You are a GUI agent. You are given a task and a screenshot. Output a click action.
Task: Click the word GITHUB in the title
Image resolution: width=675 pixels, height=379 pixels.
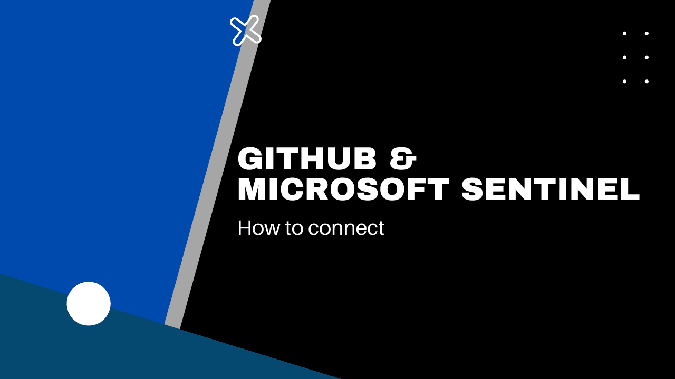(x=307, y=159)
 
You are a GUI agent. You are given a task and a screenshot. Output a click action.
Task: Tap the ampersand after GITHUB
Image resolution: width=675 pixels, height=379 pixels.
(x=403, y=159)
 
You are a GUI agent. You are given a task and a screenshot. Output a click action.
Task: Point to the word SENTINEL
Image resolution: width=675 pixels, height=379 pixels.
(x=551, y=190)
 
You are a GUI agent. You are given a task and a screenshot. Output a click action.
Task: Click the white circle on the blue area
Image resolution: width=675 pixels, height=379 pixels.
(x=89, y=304)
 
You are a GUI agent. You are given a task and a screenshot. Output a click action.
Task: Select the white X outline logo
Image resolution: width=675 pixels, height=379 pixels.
(x=246, y=30)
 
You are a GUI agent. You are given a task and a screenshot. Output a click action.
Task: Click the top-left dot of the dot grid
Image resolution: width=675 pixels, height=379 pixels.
(x=624, y=33)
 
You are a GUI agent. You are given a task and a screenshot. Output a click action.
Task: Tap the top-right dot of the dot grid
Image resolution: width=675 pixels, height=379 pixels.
(x=647, y=33)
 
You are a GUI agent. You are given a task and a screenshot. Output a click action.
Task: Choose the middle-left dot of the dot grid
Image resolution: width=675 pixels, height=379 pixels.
(x=624, y=57)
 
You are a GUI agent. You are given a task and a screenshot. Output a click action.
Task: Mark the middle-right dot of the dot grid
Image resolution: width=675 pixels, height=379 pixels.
(x=647, y=57)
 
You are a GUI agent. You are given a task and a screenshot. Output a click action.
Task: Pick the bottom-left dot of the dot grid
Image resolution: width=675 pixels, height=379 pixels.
(x=624, y=82)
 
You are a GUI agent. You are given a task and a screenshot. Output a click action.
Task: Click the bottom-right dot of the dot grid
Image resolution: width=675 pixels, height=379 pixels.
(x=647, y=82)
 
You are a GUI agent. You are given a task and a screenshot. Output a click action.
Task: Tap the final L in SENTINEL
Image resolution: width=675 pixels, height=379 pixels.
(x=631, y=190)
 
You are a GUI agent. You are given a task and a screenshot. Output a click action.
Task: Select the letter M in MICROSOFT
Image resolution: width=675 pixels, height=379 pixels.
(x=253, y=190)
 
